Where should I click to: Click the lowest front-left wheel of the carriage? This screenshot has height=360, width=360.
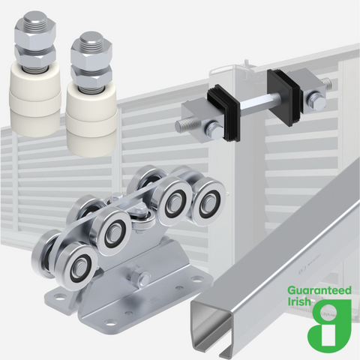[73, 265]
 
